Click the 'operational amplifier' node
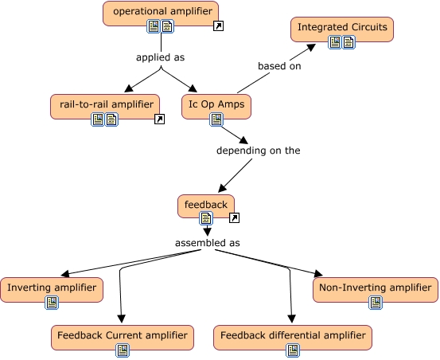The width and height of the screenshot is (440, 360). coord(160,11)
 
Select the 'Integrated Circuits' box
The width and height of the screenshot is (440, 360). coord(342,28)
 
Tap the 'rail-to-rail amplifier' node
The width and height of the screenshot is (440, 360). coord(104,104)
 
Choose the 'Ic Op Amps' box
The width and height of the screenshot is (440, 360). coord(216,104)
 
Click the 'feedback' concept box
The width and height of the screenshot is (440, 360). coord(206,205)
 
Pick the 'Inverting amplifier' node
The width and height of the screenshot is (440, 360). coord(52,288)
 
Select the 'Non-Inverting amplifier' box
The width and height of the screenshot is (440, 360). coord(375,288)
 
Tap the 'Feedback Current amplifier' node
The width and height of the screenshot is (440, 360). coord(123,335)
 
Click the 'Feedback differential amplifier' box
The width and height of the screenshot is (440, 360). coord(292,335)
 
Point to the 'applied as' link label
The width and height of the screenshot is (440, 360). coord(160,57)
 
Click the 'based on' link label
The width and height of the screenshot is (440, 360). coord(278,65)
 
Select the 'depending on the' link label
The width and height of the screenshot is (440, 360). coord(259,150)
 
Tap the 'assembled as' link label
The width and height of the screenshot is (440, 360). coord(207,243)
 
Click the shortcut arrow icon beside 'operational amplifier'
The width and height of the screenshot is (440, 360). coord(219,27)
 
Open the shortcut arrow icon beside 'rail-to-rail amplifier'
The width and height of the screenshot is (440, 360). coord(159,119)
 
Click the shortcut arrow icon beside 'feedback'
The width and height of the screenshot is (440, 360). coord(234,218)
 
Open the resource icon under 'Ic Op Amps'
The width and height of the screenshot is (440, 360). coord(216,119)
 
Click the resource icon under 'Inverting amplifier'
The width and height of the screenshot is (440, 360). coord(52,303)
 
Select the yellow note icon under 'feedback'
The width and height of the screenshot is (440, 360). coord(206,218)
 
